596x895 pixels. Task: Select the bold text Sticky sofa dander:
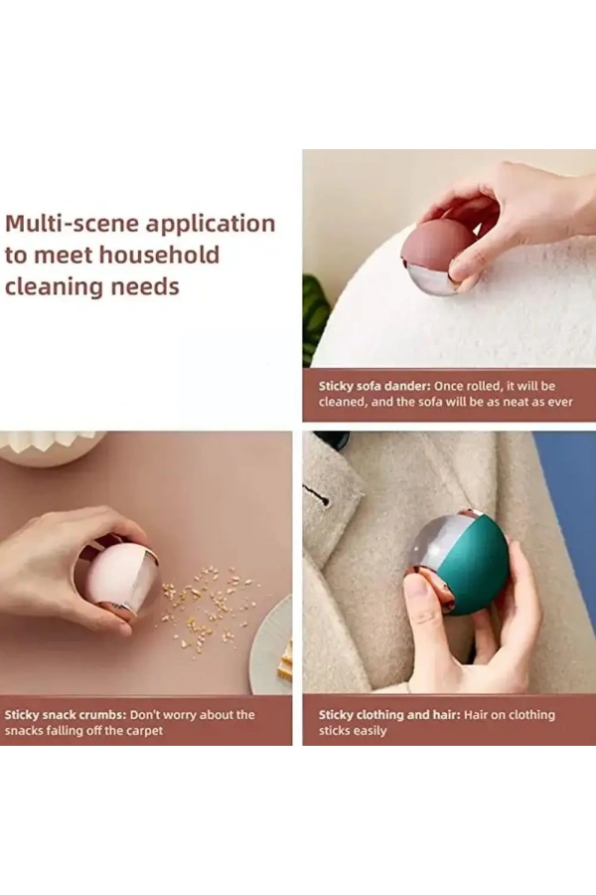pyautogui.click(x=374, y=386)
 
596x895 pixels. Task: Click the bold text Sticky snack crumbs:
pyautogui.click(x=65, y=715)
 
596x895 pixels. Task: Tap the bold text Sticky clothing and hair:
pyautogui.click(x=389, y=715)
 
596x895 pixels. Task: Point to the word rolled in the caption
pyautogui.click(x=484, y=386)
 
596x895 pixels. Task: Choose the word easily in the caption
pyautogui.click(x=369, y=731)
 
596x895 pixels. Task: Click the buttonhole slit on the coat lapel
pyautogui.click(x=316, y=495)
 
